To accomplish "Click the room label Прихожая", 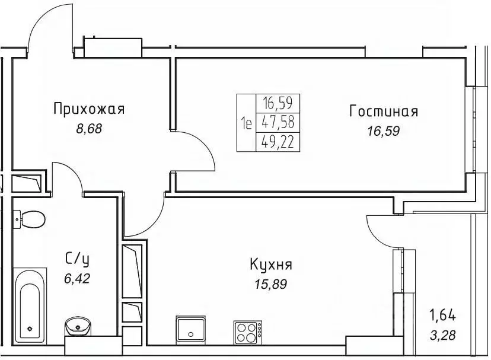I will point(89,109).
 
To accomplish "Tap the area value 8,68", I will point(89,129).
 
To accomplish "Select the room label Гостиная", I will point(384,111).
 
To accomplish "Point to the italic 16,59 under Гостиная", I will point(384,131).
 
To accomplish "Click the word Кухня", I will point(271,265).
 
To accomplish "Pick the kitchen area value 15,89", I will point(271,284).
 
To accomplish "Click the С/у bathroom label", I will point(78,258).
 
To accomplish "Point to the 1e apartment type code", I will point(247,123).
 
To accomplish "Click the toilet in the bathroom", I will point(30,219).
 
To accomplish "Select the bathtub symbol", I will point(29,308).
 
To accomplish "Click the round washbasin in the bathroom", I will point(76,327).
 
